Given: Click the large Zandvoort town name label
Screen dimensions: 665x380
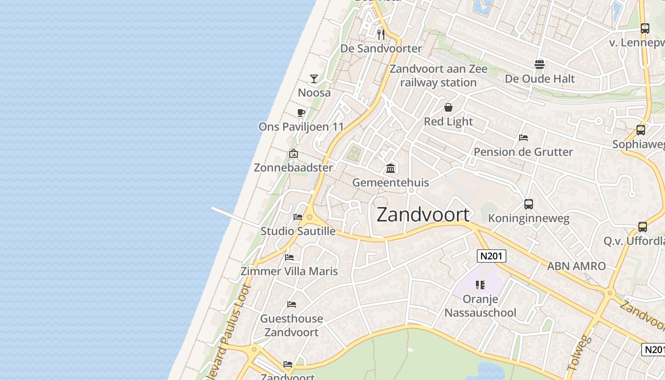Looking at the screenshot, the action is click(x=423, y=215).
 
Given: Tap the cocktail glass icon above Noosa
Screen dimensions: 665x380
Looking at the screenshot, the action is click(x=314, y=78).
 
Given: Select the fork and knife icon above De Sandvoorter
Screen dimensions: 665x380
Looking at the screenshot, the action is click(x=380, y=34).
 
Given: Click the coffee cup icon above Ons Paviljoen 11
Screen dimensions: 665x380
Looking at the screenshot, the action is click(x=301, y=113).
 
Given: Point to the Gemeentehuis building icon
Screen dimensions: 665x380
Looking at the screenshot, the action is click(x=390, y=168).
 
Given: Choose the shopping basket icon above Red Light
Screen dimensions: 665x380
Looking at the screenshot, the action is click(x=448, y=107).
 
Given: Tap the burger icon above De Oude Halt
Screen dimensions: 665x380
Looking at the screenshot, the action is click(x=540, y=64).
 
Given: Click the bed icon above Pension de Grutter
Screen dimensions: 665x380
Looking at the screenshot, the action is click(x=523, y=138).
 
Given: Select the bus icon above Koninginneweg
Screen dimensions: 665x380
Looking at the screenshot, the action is click(x=529, y=204).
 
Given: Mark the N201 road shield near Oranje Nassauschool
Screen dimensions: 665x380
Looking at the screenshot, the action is click(x=491, y=256).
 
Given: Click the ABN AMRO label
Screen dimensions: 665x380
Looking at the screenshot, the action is click(x=576, y=266).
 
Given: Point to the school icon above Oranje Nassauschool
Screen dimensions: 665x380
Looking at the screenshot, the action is click(x=480, y=285).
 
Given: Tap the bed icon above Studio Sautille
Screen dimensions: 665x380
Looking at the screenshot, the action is click(x=298, y=217).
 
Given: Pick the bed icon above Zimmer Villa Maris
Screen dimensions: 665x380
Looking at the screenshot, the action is click(x=289, y=257).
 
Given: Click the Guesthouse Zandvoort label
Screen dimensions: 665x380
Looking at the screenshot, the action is click(x=292, y=325).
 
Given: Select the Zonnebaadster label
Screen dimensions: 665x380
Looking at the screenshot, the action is click(x=293, y=168).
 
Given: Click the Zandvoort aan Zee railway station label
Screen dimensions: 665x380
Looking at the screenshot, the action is click(x=438, y=76).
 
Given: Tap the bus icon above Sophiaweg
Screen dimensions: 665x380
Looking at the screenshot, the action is click(x=641, y=130).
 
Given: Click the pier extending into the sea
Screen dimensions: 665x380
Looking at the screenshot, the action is click(x=235, y=217).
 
